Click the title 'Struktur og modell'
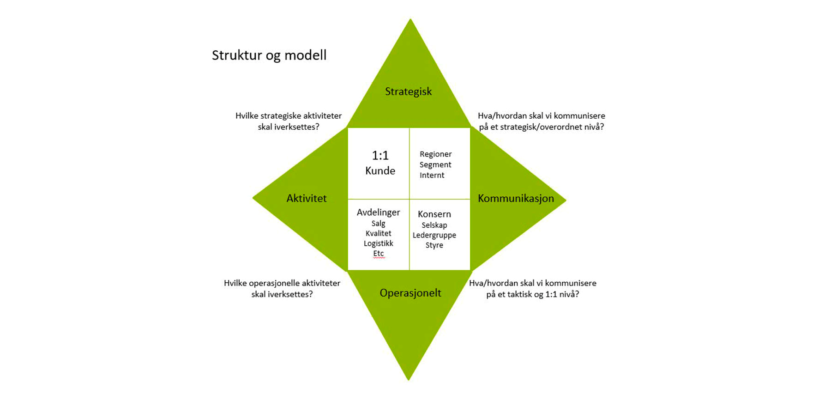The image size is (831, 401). pyautogui.click(x=269, y=55)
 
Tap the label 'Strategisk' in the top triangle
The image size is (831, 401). pyautogui.click(x=409, y=91)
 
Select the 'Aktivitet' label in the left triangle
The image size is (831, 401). pyautogui.click(x=307, y=198)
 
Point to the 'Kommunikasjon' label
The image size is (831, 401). pyautogui.click(x=516, y=198)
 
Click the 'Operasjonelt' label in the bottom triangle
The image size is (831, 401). pyautogui.click(x=410, y=293)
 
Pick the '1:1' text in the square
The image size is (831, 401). pyautogui.click(x=380, y=155)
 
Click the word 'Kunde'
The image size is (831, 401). pyautogui.click(x=380, y=171)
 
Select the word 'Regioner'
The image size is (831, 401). pyautogui.click(x=436, y=154)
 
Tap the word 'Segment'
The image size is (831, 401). pyautogui.click(x=435, y=165)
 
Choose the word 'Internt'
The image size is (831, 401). pyautogui.click(x=432, y=176)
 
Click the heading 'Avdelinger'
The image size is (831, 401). pyautogui.click(x=379, y=213)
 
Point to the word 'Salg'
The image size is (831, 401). pyautogui.click(x=379, y=224)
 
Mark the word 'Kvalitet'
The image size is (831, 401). pyautogui.click(x=379, y=234)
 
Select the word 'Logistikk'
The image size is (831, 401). pyautogui.click(x=379, y=243)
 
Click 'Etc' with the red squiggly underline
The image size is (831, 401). pyautogui.click(x=379, y=254)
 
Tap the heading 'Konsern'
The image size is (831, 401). pyautogui.click(x=434, y=214)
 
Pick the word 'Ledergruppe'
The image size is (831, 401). pyautogui.click(x=434, y=235)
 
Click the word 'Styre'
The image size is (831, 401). pyautogui.click(x=434, y=245)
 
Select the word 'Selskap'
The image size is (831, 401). pyautogui.click(x=434, y=225)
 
